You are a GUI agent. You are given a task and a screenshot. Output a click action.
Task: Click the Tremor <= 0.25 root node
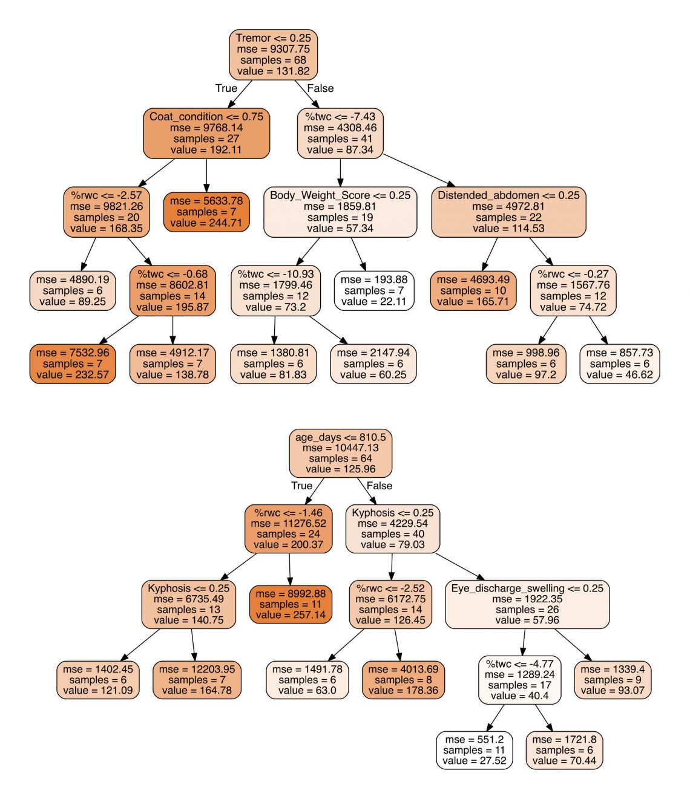point(273,54)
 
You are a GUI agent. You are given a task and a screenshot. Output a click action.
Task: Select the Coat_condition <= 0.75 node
point(206,133)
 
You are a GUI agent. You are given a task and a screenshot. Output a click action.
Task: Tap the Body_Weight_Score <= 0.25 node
point(340,212)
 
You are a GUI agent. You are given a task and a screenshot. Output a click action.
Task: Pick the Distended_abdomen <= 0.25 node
point(508,212)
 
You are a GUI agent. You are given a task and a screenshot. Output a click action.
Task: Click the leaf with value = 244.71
point(206,212)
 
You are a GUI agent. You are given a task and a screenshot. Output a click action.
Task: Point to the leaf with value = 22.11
point(374,291)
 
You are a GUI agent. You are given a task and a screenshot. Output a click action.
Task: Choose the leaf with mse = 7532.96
point(73,364)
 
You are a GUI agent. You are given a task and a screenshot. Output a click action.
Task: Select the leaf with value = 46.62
point(620,364)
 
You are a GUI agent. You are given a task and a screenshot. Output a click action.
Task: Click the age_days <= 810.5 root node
point(340,453)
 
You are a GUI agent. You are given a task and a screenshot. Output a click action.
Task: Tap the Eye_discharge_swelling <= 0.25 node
point(527,604)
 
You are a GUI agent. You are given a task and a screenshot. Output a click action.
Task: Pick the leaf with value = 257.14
point(291,604)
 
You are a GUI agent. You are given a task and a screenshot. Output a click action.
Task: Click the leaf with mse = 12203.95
point(197,680)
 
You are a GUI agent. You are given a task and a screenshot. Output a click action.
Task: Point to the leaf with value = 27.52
point(474,750)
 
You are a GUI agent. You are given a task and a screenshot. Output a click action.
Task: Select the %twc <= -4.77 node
point(519,680)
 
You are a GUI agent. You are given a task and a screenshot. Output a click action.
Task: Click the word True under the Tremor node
point(226,88)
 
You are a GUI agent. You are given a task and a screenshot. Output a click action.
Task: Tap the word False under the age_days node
point(379,486)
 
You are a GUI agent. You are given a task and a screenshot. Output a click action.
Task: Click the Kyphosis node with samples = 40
point(393,529)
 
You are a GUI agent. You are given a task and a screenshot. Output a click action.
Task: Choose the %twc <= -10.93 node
point(276,291)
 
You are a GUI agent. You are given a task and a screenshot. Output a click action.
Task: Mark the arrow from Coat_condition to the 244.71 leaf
point(206,175)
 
